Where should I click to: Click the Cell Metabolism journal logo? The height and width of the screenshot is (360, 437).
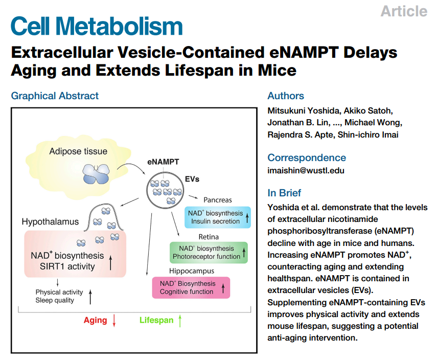(x=97, y=26)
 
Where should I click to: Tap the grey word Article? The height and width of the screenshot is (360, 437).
(x=404, y=11)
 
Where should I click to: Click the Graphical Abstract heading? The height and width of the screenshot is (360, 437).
(x=55, y=96)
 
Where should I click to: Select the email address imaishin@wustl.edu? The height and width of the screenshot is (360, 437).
(x=306, y=170)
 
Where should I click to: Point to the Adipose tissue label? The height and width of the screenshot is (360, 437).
(x=78, y=151)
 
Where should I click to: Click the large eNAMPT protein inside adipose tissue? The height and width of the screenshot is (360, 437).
(x=96, y=174)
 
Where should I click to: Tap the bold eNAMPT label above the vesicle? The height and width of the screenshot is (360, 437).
(x=163, y=162)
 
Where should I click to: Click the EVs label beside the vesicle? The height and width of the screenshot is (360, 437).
(x=192, y=179)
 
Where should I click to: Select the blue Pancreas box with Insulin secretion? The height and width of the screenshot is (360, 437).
(x=218, y=217)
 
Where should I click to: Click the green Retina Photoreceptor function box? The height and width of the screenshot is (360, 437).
(x=209, y=253)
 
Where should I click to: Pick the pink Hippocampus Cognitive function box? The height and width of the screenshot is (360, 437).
(x=191, y=287)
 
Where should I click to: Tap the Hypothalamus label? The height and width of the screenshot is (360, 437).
(x=50, y=222)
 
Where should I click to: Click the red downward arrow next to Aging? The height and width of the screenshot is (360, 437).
(x=114, y=321)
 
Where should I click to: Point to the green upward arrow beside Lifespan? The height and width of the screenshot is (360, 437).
(x=180, y=321)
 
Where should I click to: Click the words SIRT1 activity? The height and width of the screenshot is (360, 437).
(x=67, y=266)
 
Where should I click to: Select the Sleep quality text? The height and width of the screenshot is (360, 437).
(x=55, y=300)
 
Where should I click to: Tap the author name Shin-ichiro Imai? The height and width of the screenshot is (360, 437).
(x=368, y=134)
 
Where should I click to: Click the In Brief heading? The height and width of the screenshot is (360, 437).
(x=284, y=193)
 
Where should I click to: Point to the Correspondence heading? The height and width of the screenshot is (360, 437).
(x=307, y=157)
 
